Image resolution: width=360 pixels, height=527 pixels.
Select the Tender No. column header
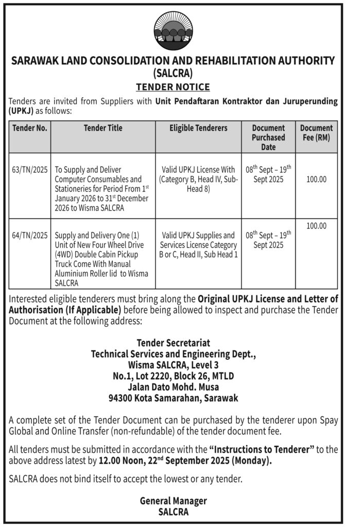[29, 128]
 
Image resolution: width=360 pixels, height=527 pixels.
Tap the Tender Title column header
[103, 128]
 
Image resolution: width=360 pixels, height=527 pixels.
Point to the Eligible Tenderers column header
[198, 128]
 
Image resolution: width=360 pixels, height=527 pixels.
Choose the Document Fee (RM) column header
[316, 133]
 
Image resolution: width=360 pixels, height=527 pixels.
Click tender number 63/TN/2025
[29, 169]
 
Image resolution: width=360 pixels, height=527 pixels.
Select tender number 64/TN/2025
[29, 236]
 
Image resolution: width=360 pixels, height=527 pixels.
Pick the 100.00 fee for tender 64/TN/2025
[316, 225]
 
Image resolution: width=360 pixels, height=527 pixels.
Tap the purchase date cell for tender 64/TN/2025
[268, 240]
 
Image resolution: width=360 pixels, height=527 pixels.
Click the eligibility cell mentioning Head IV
[198, 180]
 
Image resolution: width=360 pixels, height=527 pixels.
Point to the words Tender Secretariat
[173, 343]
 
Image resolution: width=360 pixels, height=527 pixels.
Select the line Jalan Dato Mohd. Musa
[173, 387]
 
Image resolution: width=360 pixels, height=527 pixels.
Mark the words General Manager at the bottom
[173, 501]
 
